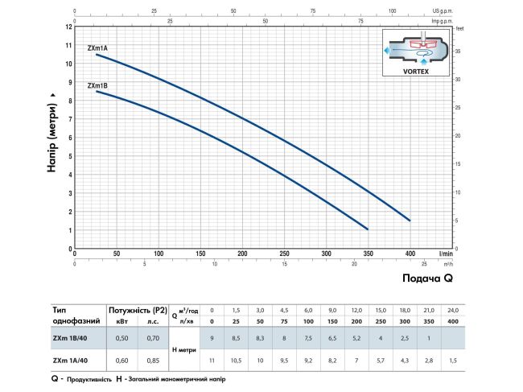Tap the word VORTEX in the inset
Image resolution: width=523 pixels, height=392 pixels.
(415, 71)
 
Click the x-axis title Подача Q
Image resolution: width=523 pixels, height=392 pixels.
(426, 278)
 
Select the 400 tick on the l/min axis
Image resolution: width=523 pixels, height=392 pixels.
(411, 254)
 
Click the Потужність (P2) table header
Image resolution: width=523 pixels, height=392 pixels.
(137, 309)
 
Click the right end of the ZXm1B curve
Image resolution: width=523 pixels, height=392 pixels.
(368, 229)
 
